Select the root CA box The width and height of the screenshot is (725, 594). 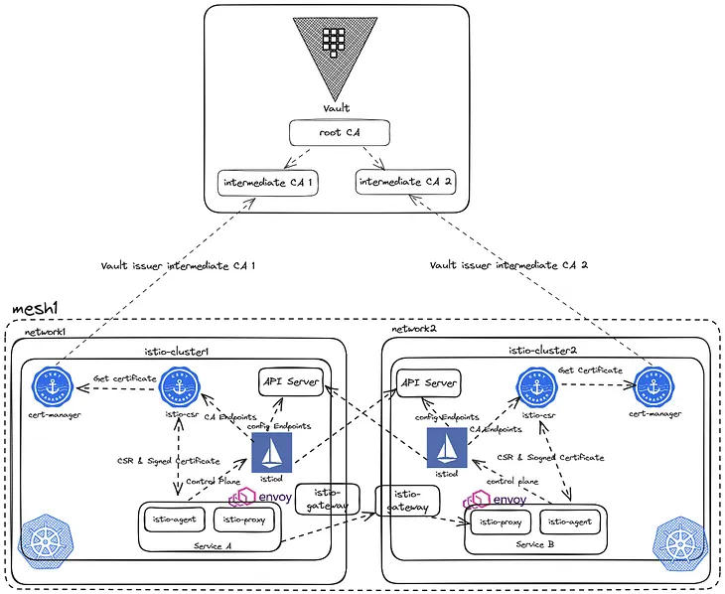(338, 134)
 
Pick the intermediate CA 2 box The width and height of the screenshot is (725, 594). (405, 183)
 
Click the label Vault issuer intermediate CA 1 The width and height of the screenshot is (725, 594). (179, 266)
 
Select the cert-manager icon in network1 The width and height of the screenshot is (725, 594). (50, 386)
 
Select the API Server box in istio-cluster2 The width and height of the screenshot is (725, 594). (429, 382)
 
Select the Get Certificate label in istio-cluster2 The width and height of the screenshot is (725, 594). (591, 370)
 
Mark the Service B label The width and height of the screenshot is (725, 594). (536, 545)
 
